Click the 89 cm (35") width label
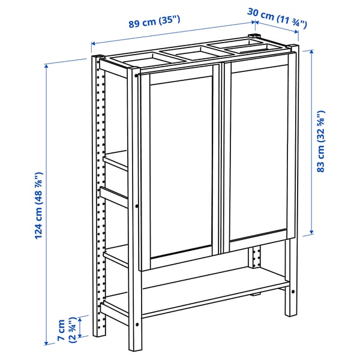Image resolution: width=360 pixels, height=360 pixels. click(x=154, y=23)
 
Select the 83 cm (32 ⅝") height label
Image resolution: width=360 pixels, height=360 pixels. click(x=322, y=142)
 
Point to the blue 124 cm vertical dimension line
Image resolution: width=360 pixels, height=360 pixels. click(x=47, y=204)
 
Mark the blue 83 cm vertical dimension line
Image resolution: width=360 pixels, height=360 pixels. click(x=312, y=142)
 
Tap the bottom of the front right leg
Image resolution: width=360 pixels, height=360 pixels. click(x=290, y=312)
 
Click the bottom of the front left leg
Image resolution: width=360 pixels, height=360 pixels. click(x=136, y=347)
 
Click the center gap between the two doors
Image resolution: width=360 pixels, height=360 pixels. click(x=221, y=162)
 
